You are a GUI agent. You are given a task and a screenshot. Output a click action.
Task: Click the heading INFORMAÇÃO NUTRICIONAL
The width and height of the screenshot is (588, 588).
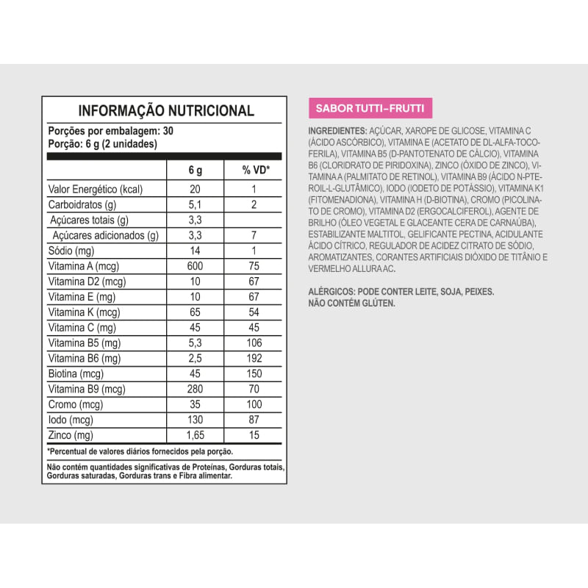coord(166,111)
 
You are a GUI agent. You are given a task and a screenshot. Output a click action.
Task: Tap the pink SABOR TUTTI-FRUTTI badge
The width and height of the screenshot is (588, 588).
coord(369,108)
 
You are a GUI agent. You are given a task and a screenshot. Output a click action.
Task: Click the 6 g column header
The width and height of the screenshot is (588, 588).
coord(195,171)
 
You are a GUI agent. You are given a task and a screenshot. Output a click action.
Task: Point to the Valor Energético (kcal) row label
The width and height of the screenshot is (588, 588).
coord(95,189)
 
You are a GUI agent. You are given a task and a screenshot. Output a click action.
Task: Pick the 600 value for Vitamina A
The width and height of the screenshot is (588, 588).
coord(195,266)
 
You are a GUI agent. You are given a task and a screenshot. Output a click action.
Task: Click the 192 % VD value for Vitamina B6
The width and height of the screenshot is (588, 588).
coord(253,358)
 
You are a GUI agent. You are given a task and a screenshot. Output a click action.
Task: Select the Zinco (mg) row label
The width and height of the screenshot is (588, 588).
coord(71,435)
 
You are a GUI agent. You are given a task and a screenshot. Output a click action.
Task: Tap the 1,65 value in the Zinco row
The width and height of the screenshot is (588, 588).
coord(195,435)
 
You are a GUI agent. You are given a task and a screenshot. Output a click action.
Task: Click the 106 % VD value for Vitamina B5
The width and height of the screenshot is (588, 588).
coord(253,343)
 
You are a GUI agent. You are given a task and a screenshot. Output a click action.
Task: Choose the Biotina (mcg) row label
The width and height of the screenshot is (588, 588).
coord(76,373)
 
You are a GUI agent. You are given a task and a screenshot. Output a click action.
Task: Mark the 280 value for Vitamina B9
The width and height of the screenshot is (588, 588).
coord(195,389)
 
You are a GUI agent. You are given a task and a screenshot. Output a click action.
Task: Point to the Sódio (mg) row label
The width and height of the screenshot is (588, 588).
coord(72,251)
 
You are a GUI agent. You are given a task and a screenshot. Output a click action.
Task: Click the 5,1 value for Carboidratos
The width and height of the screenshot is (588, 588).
coord(195,204)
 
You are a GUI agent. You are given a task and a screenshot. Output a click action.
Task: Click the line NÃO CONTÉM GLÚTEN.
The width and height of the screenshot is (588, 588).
coord(351,303)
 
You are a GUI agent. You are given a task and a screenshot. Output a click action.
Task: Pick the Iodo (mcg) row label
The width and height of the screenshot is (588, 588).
coord(70,420)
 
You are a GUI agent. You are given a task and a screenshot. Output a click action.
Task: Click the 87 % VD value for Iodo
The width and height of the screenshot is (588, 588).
coord(253,420)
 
